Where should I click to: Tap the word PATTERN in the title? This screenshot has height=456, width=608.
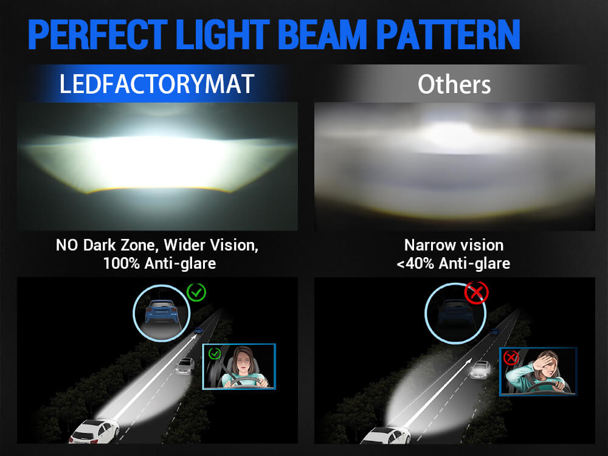pyautogui.click(x=448, y=35)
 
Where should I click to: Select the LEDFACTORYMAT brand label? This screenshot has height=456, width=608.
pyautogui.click(x=157, y=84)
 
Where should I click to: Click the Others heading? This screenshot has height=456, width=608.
pyautogui.click(x=454, y=84)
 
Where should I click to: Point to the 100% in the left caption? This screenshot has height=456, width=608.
pyautogui.click(x=122, y=264)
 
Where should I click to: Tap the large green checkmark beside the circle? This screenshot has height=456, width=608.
pyautogui.click(x=196, y=292)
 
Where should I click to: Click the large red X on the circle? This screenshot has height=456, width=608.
pyautogui.click(x=476, y=292)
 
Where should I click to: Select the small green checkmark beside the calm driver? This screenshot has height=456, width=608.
pyautogui.click(x=215, y=353)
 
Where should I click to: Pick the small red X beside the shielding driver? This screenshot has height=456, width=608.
pyautogui.click(x=511, y=357)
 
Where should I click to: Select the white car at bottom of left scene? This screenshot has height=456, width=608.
pyautogui.click(x=94, y=431)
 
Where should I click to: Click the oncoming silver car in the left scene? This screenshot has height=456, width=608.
pyautogui.click(x=185, y=365)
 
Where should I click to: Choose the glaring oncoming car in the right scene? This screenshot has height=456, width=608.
pyautogui.click(x=480, y=369)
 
